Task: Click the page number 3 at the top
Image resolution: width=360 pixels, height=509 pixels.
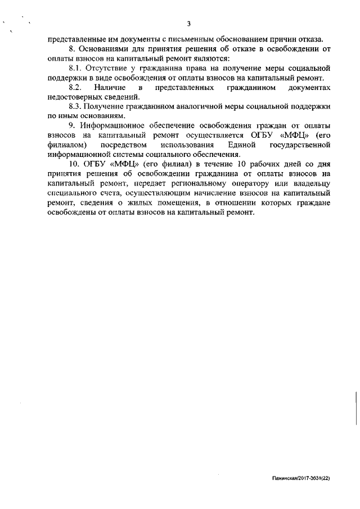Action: (x=190, y=24)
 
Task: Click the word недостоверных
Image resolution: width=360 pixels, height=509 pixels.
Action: (x=74, y=97)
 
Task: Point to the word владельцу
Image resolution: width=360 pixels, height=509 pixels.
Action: (x=308, y=184)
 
